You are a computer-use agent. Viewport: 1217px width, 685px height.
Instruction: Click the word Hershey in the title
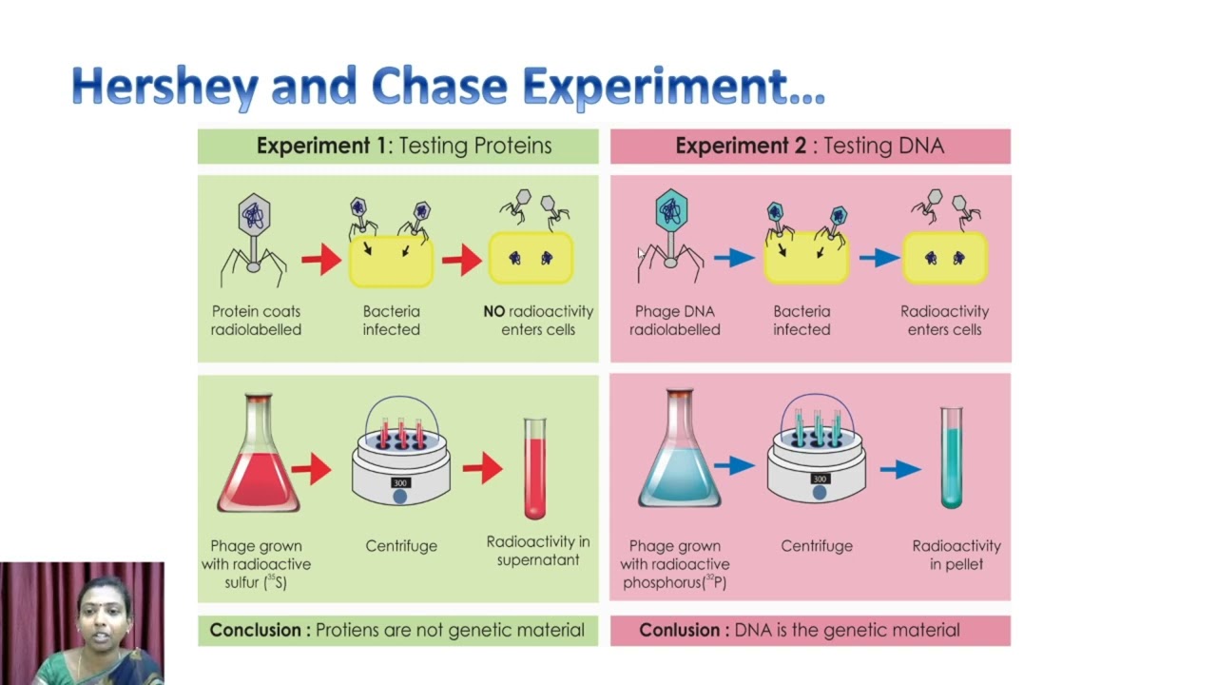[x=164, y=87]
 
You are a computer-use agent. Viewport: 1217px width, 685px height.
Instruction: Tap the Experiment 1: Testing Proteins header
[x=404, y=146]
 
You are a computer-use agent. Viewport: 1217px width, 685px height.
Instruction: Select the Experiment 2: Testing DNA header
[x=809, y=146]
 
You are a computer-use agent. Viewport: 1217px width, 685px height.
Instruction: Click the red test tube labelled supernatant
[x=535, y=469]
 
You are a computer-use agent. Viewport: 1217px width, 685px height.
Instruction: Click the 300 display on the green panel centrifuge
[x=400, y=482]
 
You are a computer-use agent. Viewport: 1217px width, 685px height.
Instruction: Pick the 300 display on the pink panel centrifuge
[x=820, y=479]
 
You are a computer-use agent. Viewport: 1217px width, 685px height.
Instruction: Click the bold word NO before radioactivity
[x=494, y=311]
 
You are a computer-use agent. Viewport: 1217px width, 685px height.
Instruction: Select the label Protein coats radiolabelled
[x=256, y=321]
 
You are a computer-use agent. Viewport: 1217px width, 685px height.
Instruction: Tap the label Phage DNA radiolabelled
[x=675, y=321]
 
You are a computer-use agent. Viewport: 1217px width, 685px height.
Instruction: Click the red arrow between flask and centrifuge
[x=311, y=469]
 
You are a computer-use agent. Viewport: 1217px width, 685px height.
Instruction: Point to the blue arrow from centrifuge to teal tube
[x=900, y=469]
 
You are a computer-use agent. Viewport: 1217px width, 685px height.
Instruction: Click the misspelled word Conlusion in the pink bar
[x=679, y=630]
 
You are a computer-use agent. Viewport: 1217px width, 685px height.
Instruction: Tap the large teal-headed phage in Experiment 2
[x=671, y=236]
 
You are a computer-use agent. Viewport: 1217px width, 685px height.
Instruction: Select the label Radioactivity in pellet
[x=956, y=555]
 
